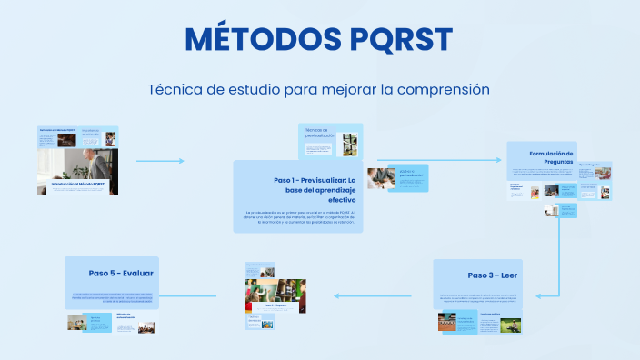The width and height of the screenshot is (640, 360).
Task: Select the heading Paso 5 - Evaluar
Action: point(121,273)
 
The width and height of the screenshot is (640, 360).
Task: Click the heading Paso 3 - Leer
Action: point(492,275)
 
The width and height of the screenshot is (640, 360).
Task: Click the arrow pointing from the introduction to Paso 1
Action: point(160,161)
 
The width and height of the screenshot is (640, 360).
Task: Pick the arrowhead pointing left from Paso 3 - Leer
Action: point(336,295)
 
